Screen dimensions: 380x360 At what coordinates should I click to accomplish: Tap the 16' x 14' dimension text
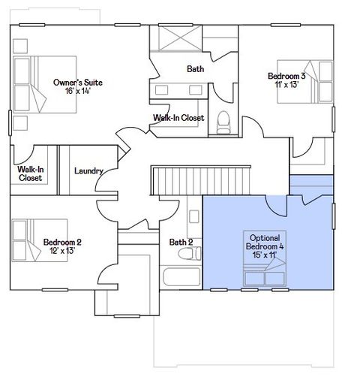click(x=76, y=90)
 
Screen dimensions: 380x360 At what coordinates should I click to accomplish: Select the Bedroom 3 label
click(x=286, y=75)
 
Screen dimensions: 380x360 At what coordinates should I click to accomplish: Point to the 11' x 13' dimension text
click(x=286, y=84)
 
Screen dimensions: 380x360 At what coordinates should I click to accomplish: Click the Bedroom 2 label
click(x=62, y=242)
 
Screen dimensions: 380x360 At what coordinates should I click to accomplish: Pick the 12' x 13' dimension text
click(x=62, y=251)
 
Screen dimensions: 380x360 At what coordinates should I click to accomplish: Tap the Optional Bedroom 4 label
click(x=263, y=241)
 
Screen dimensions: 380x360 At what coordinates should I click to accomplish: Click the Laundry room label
click(x=88, y=170)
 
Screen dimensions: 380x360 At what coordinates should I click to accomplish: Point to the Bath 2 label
click(x=181, y=242)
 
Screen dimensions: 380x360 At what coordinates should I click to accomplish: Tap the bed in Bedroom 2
click(x=28, y=240)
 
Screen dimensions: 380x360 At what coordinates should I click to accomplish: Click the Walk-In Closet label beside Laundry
click(x=30, y=174)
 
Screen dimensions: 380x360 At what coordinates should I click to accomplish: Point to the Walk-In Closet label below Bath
click(x=178, y=118)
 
